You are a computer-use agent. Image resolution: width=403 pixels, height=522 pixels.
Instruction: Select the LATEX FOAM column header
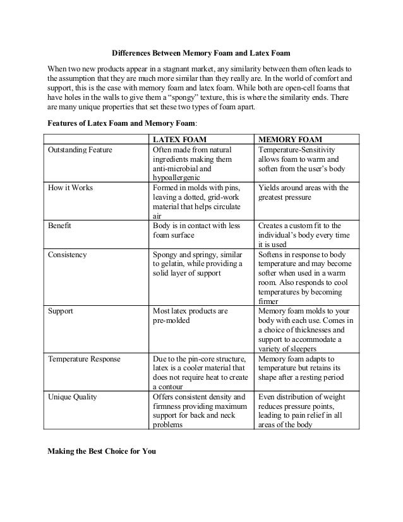point(183,139)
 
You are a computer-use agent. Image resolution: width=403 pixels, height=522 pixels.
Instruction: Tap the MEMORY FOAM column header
point(291,139)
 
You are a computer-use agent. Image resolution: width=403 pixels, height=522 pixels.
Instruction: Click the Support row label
point(61,312)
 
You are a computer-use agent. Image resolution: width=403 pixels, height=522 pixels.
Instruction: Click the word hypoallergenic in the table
point(178,178)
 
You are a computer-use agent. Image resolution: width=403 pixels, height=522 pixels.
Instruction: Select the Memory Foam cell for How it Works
point(304,192)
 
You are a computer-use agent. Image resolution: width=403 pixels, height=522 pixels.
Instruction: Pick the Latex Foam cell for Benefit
point(196,230)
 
